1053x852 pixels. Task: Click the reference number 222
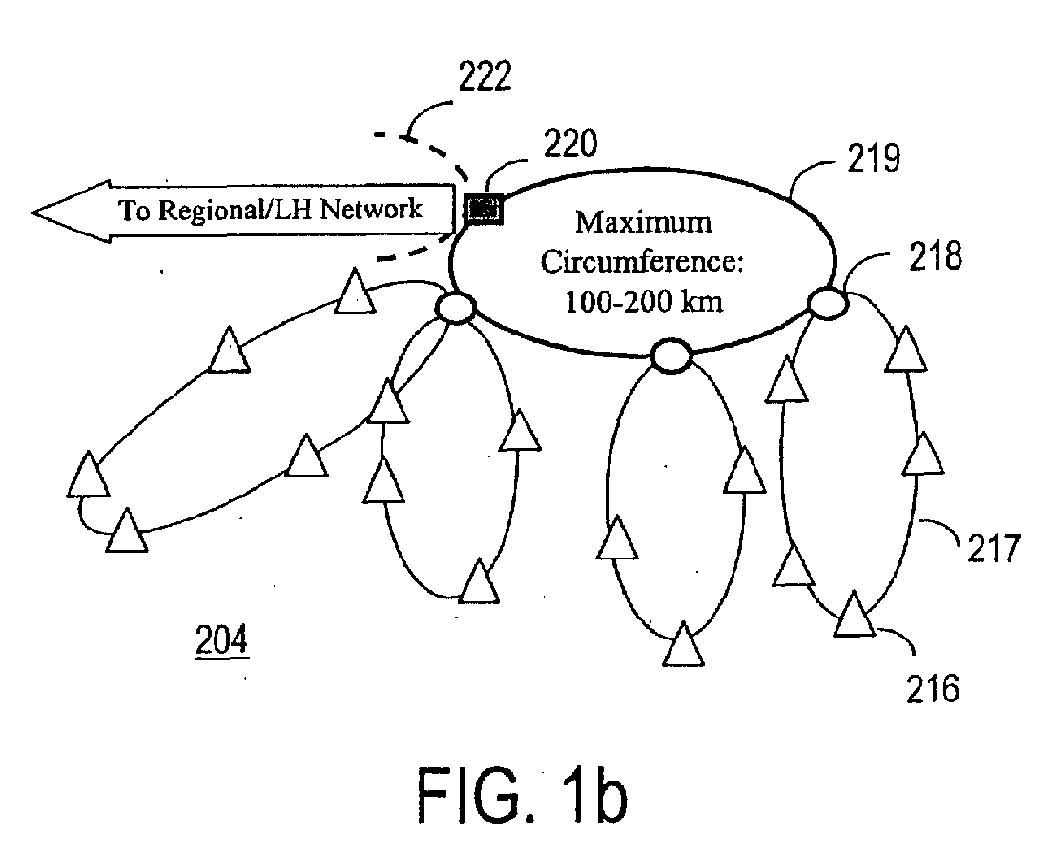[x=485, y=76]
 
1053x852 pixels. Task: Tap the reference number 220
[x=570, y=144]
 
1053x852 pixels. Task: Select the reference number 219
[x=873, y=158]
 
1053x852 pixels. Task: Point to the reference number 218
[x=936, y=256]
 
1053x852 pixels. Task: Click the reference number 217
[x=994, y=547]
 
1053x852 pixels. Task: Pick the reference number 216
[x=933, y=688]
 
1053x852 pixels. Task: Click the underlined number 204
[x=221, y=639]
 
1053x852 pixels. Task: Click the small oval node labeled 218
[x=827, y=302]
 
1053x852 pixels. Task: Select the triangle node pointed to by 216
[x=855, y=616]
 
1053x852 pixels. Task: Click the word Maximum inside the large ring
[x=644, y=222]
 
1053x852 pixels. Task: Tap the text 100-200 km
[x=644, y=301]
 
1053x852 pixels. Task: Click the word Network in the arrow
[x=371, y=209]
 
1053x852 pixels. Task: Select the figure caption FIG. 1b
[x=522, y=796]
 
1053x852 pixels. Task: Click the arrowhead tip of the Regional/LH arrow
[x=32, y=212]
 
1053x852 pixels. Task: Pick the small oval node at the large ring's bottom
[x=671, y=356]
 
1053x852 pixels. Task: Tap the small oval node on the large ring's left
[x=456, y=308]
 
